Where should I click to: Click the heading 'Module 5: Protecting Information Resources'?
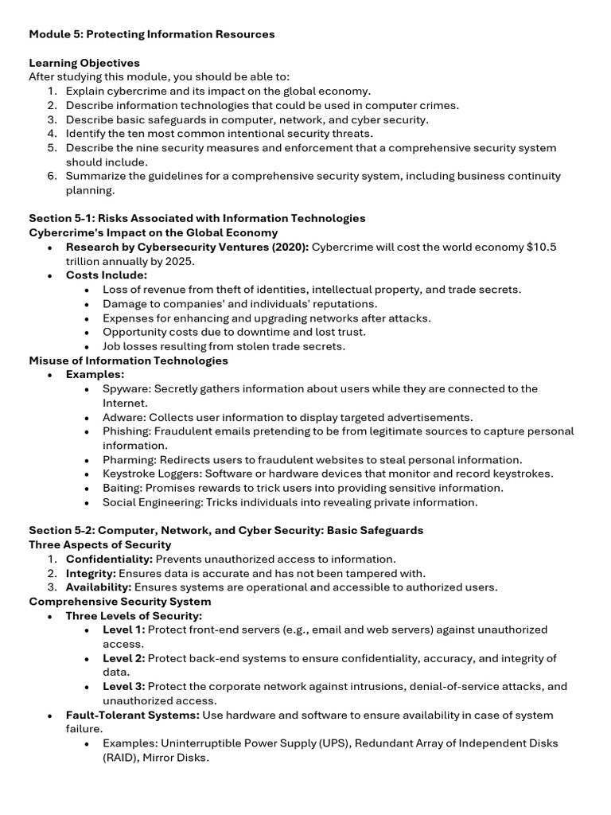152,34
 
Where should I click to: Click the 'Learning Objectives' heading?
84,63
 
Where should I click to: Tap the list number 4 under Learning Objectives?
52,134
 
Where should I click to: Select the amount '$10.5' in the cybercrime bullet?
541,247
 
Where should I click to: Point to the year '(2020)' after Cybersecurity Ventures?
288,247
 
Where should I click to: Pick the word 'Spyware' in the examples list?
126,389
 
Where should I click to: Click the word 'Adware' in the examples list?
123,417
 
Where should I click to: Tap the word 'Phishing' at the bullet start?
126,431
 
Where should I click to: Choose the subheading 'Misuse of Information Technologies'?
128,361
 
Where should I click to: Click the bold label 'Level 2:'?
123,658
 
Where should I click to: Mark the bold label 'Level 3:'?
123,687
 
